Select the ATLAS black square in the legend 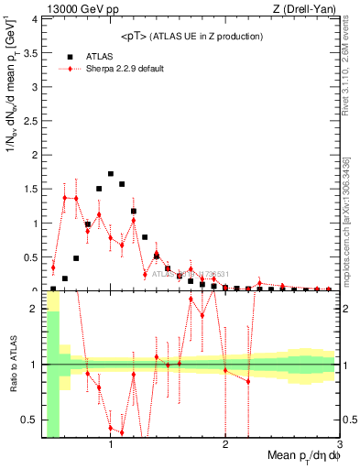point(70,56)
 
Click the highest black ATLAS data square point(111,173)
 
